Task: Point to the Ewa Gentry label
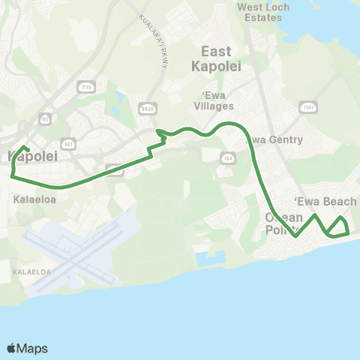click(x=275, y=139)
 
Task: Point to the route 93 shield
click(x=45, y=118)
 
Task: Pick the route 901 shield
click(x=69, y=143)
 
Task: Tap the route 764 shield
click(x=227, y=157)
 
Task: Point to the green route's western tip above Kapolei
click(x=25, y=147)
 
